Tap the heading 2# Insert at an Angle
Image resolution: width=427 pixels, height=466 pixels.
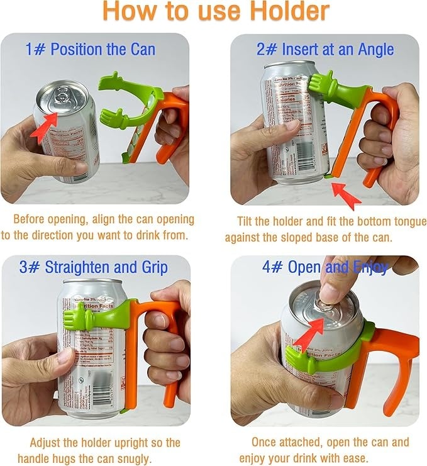[325, 48]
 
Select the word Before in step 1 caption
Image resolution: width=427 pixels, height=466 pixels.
[30, 220]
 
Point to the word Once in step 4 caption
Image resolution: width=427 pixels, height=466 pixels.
[264, 442]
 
